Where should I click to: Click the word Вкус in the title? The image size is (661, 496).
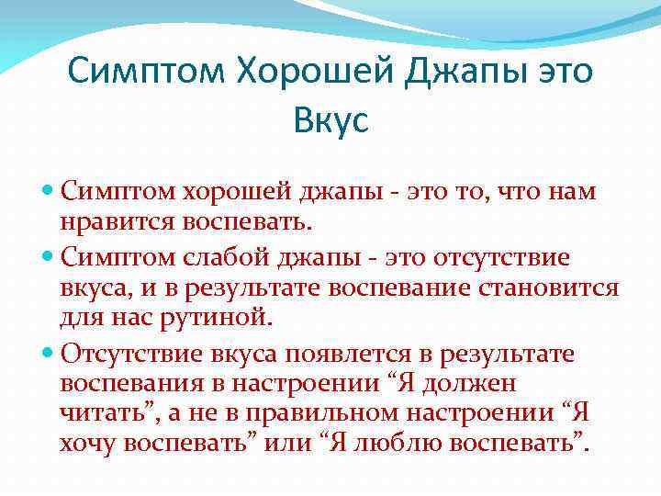[x=330, y=118]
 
